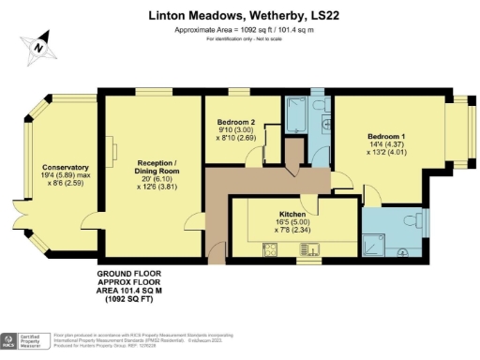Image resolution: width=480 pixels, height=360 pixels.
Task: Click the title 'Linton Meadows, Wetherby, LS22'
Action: click(x=240, y=16)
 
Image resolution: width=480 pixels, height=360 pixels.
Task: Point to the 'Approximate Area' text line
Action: click(x=240, y=30)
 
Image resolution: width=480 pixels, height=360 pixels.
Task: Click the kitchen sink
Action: click(x=308, y=249)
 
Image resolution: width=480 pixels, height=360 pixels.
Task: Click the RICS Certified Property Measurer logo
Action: click(x=23, y=340)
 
